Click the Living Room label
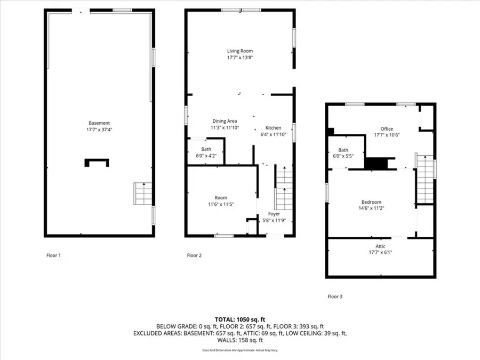(x=239, y=51)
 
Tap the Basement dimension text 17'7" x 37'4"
(x=99, y=129)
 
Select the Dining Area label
(x=225, y=121)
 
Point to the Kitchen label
(x=273, y=128)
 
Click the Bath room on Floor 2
(x=206, y=152)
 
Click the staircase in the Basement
(x=142, y=194)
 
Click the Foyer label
(x=274, y=214)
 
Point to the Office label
(x=387, y=129)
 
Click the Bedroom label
(x=371, y=202)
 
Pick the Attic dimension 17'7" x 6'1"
(x=380, y=252)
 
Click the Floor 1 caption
(x=53, y=255)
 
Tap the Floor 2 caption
(x=194, y=255)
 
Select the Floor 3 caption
(x=334, y=296)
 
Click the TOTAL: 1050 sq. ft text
(x=239, y=318)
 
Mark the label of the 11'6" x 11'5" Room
(x=221, y=198)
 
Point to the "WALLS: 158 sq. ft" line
(x=239, y=340)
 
